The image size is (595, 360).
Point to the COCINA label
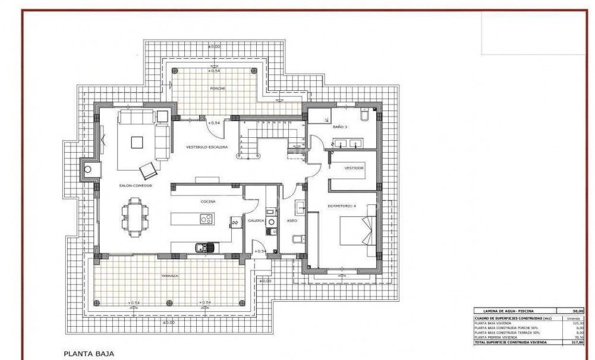pos(207,201)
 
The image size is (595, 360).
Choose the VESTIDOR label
pos(354,168)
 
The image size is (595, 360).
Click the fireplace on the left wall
pos(89,170)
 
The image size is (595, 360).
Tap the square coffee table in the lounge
pos(137,142)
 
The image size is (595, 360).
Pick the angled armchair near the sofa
pos(147,170)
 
